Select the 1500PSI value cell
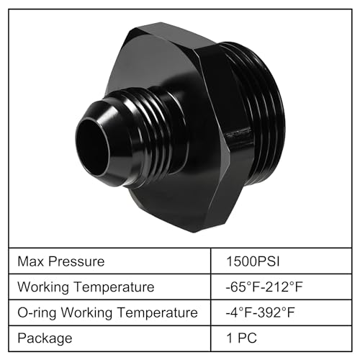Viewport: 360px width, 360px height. pyautogui.click(x=253, y=261)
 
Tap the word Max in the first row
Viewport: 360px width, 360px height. pyautogui.click(x=32, y=261)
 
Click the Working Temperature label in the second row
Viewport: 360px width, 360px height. pyautogui.click(x=86, y=287)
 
